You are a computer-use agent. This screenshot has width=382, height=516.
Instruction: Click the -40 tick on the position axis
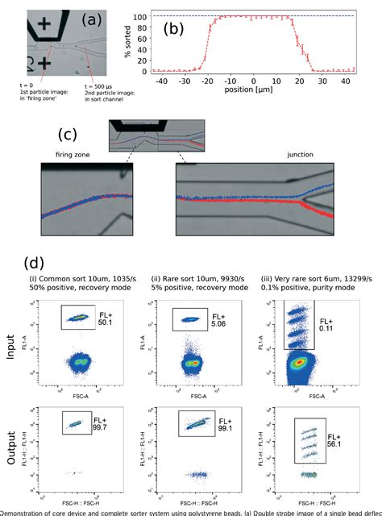tap(163, 81)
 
